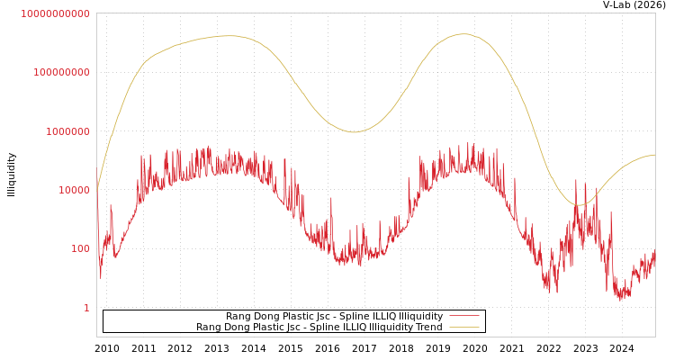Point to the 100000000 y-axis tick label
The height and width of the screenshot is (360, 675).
click(x=61, y=72)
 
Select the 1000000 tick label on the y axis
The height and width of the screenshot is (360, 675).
click(x=67, y=131)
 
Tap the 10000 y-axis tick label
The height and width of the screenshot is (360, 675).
click(x=74, y=190)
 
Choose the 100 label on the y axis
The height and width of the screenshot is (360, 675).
click(x=80, y=248)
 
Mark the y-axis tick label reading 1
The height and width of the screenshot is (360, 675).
click(x=86, y=308)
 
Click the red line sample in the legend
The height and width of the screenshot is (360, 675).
click(x=463, y=317)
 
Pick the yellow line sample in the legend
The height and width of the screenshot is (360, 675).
click(x=463, y=328)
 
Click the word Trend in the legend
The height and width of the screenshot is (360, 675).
click(x=428, y=328)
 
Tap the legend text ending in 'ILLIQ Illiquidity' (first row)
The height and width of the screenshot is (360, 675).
click(x=334, y=317)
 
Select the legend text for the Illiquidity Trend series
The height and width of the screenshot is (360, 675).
click(x=319, y=328)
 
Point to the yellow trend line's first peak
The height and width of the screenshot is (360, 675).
click(x=227, y=36)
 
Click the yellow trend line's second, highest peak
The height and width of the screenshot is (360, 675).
click(x=463, y=34)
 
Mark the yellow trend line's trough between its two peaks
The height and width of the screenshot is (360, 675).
click(x=354, y=132)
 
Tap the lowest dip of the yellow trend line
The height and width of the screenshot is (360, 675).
click(x=580, y=204)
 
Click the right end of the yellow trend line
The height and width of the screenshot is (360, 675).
click(x=654, y=155)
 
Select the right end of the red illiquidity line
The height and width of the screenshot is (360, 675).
click(x=654, y=261)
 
